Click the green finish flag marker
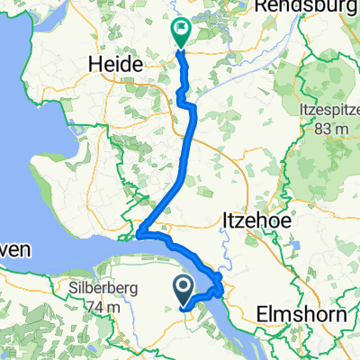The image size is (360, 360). [180, 34]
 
